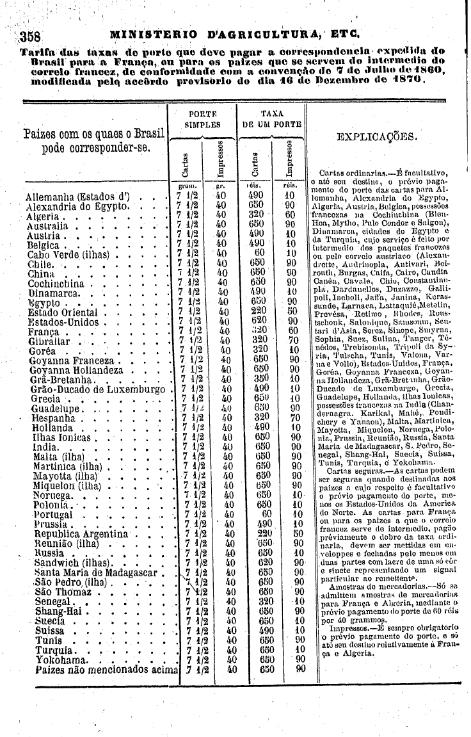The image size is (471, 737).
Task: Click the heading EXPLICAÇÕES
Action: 377,137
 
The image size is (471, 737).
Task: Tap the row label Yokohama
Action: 61,659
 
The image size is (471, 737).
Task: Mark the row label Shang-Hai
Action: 56,611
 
